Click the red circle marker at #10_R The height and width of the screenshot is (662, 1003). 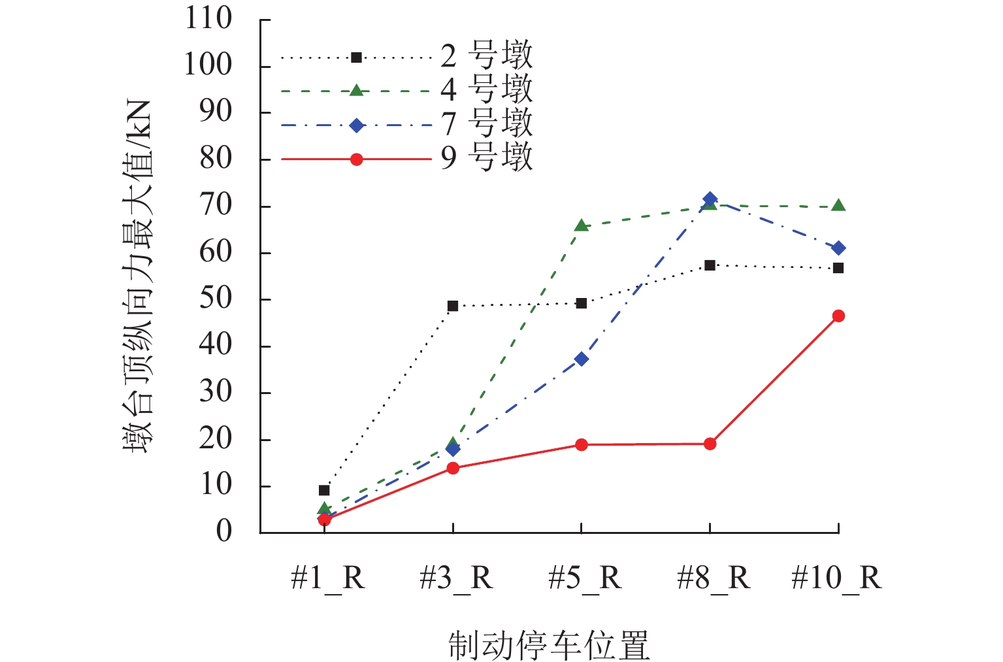[x=838, y=316]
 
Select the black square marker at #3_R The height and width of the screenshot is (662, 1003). [x=453, y=306]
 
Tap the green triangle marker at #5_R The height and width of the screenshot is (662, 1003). [x=581, y=226]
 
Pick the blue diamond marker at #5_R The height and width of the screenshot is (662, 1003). [x=581, y=359]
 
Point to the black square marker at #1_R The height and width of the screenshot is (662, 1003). [x=324, y=490]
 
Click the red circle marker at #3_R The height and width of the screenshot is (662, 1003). [x=453, y=468]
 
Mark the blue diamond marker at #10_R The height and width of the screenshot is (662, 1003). [x=838, y=248]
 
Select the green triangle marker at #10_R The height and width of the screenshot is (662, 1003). [x=838, y=206]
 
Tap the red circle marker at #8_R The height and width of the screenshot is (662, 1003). [x=710, y=444]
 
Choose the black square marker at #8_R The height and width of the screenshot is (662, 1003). [x=710, y=265]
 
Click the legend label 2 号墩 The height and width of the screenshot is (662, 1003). [x=487, y=56]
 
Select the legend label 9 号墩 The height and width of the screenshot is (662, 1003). [x=487, y=157]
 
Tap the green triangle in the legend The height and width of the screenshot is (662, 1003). [x=356, y=90]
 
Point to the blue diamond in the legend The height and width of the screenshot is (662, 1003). [x=356, y=125]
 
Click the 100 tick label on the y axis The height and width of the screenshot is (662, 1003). [x=208, y=65]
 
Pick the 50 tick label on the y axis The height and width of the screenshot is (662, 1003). [x=216, y=299]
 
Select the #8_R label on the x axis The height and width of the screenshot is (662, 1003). [x=714, y=578]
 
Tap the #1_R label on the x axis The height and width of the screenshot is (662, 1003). [x=327, y=578]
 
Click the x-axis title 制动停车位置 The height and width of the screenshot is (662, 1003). [x=549, y=645]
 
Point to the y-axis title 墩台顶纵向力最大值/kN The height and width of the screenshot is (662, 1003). [x=139, y=277]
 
